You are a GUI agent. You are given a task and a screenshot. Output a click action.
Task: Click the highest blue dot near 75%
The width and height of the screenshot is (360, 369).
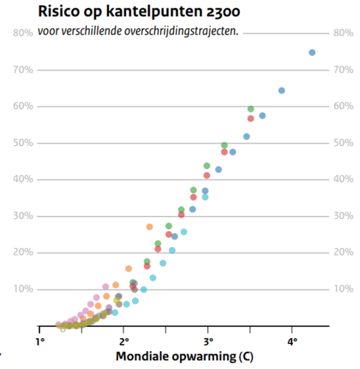(x=312, y=52)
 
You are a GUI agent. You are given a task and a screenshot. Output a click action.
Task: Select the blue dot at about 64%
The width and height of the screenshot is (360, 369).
(x=281, y=91)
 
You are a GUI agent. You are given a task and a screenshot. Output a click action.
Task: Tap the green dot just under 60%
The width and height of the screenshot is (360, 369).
(x=251, y=109)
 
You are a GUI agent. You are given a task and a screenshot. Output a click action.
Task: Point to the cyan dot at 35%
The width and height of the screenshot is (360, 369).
(x=206, y=197)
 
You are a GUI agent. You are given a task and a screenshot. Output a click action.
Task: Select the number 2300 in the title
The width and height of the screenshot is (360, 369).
(x=220, y=13)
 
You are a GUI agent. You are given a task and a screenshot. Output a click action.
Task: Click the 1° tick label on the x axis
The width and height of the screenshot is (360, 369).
(x=41, y=342)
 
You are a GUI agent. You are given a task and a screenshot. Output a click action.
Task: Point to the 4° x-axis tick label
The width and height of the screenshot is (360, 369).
(x=293, y=342)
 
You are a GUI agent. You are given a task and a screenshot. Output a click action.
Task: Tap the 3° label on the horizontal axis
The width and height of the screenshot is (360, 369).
(x=209, y=342)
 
